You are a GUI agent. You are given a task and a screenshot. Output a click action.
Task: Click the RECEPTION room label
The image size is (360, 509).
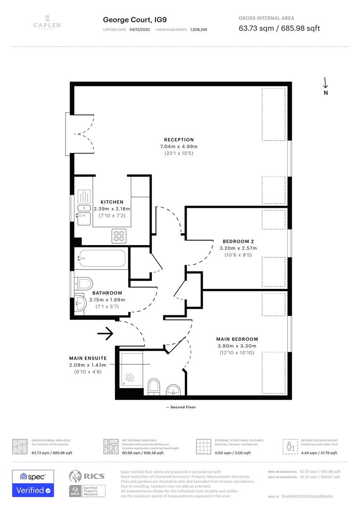(179, 140)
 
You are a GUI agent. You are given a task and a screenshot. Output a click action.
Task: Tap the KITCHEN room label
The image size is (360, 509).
(112, 202)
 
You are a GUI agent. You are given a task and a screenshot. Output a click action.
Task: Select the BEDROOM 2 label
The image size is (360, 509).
(239, 241)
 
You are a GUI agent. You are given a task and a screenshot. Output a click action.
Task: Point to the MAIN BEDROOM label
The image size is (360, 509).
(237, 339)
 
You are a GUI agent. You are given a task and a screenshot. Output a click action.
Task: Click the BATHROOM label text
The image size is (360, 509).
(107, 293)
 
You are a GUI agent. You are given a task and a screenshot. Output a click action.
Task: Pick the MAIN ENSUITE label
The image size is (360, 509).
(88, 358)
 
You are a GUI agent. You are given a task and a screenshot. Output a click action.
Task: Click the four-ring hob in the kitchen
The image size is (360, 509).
(118, 236)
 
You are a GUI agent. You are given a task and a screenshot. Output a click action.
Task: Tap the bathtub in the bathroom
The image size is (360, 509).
(102, 258)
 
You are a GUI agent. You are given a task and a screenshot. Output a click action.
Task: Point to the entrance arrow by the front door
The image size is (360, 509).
(105, 334)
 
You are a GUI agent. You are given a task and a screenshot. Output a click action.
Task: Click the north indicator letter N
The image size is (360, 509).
(326, 93)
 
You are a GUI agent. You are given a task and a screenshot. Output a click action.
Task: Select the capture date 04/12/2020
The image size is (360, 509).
(139, 30)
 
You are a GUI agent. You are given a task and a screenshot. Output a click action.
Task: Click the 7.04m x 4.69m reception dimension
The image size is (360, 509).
(179, 147)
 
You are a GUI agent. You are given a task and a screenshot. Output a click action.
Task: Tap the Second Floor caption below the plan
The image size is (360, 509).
(181, 407)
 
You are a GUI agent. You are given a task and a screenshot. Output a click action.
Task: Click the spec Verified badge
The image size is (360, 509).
(33, 483)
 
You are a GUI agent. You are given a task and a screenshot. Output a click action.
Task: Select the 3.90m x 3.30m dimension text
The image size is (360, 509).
(237, 346)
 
